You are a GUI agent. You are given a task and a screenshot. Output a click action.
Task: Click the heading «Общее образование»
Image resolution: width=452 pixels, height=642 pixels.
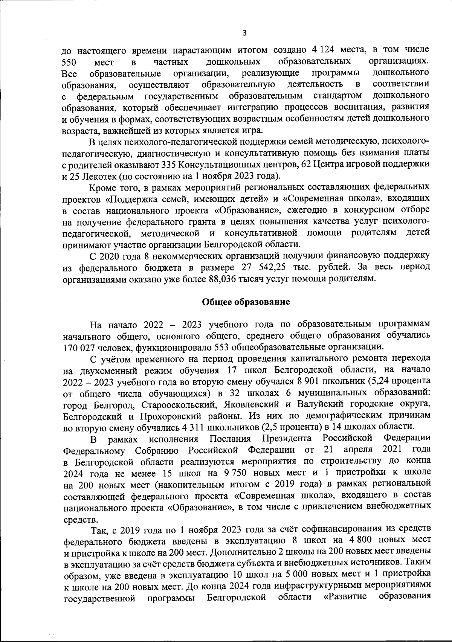(246, 302)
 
